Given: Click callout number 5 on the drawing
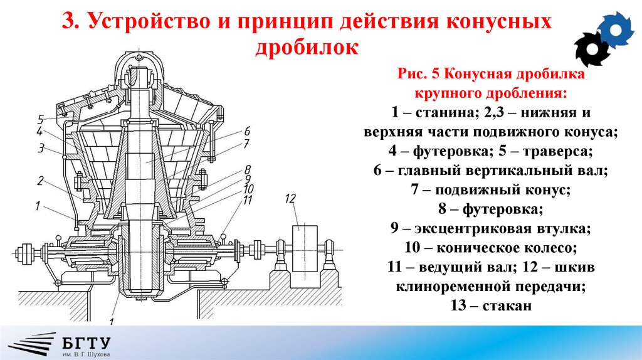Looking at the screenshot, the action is pos(39,119).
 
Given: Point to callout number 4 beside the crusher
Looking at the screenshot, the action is pos(39,132).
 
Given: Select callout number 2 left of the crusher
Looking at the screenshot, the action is pos(39,181).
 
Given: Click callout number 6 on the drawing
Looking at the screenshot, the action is pos(247,131).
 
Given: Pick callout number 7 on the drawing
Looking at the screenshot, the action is pos(247,144).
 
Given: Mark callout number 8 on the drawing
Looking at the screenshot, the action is pos(248,169).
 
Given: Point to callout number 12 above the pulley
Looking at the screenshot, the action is pos(290,199).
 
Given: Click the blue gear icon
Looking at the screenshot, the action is pos(617,28).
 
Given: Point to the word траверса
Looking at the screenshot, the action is pos(557,151).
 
